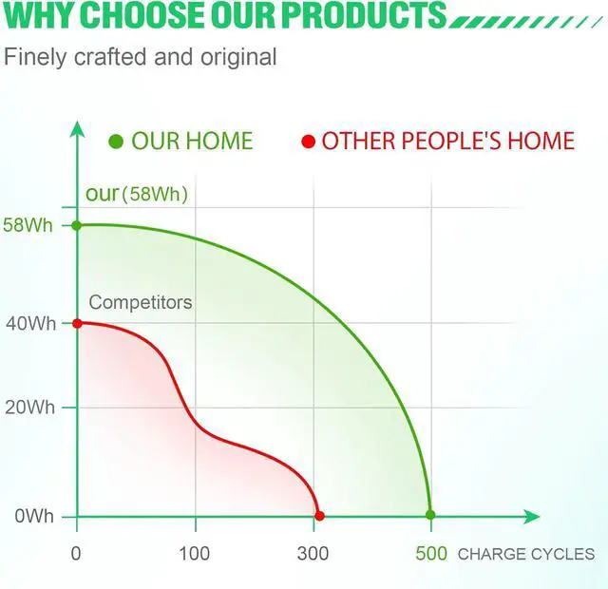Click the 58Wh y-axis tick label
pos(28,225)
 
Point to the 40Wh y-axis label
pos(30,323)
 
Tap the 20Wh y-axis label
pos(29,408)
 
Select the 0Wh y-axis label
pos(34,517)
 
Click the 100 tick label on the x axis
pos(194,553)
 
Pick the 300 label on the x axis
pos(313,553)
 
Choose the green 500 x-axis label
pos(431,553)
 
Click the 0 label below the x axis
pos(76,553)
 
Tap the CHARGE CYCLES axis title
pos(525,554)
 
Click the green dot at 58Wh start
pos(77,225)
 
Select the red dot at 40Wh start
pos(77,323)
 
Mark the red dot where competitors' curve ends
pos(319,516)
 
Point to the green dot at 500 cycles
pos(430,515)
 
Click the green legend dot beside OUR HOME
pos(116,142)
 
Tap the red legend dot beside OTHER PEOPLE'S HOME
pos(309,142)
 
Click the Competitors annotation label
pos(141,302)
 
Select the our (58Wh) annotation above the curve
pos(137,194)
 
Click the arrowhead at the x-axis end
pos(532,517)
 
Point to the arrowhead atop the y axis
pos(78,129)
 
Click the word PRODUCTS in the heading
pos(364,14)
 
